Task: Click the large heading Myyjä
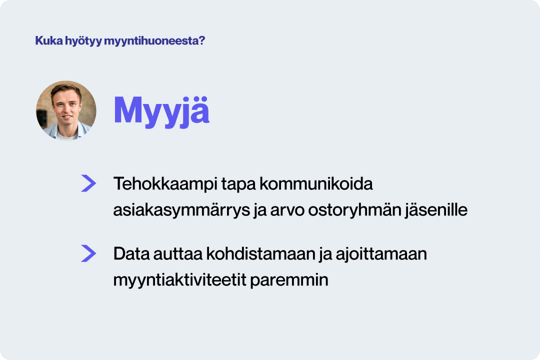pos(161,110)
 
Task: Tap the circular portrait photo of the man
pos(66,110)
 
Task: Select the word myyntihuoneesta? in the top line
pos(154,41)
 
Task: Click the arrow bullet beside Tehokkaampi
pos(88,183)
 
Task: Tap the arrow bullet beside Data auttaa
pos(88,254)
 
